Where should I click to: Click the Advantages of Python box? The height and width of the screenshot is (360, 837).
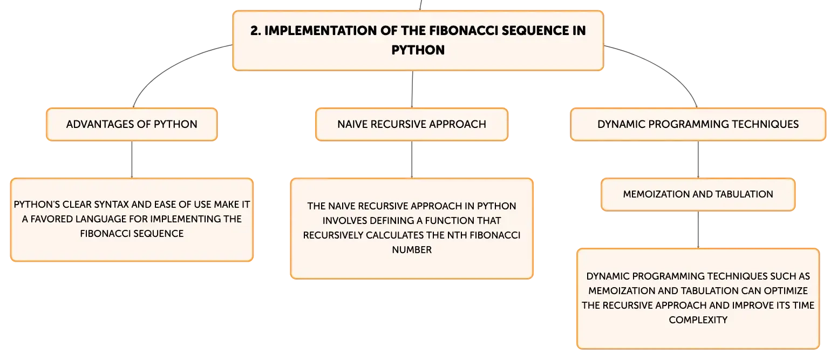[132, 125]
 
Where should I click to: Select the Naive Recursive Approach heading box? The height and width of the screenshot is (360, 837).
[412, 125]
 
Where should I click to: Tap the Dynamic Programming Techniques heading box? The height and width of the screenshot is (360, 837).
[698, 125]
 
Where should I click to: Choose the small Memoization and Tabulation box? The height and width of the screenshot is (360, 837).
[698, 194]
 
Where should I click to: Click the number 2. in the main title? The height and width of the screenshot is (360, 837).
[256, 31]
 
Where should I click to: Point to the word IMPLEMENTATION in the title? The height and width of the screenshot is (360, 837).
[320, 31]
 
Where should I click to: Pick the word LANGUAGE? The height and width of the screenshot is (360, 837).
[101, 219]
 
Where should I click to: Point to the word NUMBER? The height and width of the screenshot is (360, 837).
[412, 250]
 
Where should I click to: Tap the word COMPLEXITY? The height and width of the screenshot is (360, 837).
[698, 320]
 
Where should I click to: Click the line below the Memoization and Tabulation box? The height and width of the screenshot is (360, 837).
[698, 229]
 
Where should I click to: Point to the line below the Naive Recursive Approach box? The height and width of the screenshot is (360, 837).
[412, 160]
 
